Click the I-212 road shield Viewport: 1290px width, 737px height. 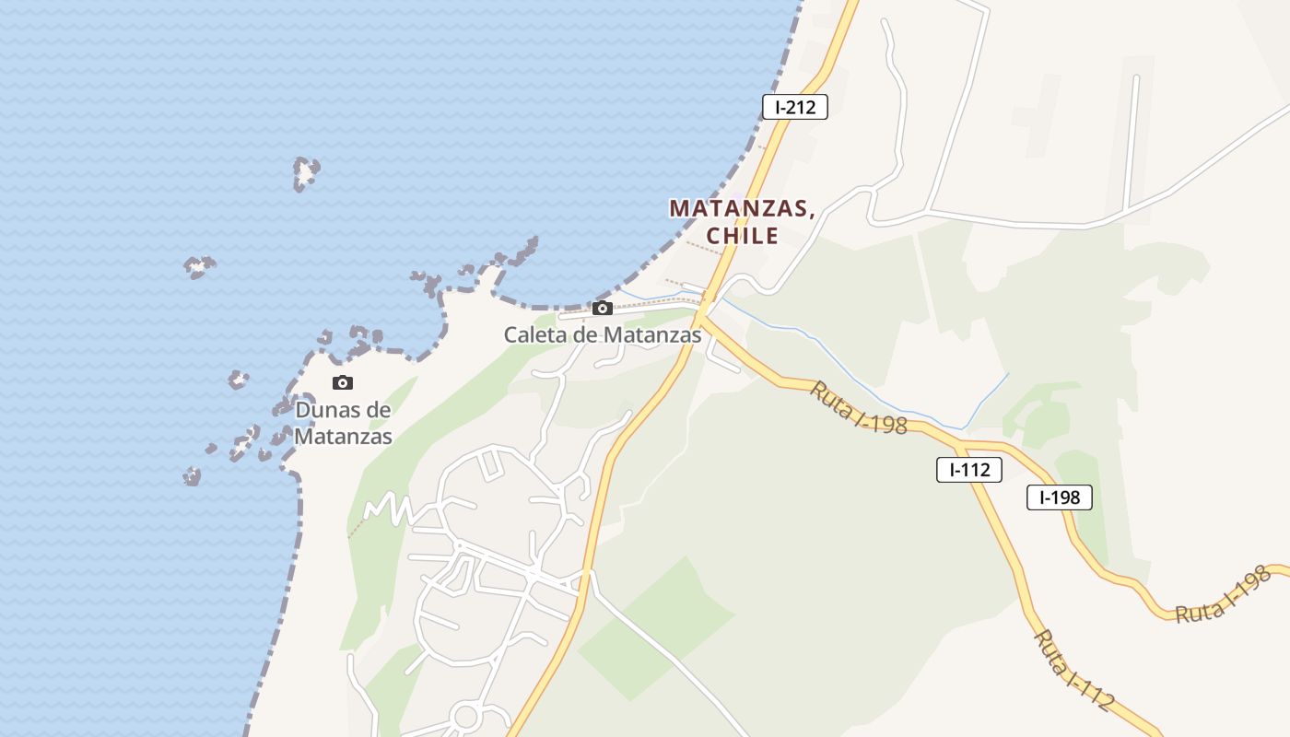coord(795,107)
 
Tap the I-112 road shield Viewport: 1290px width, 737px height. coord(969,470)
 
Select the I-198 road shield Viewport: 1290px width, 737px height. coord(1060,497)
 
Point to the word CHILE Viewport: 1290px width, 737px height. coord(743,236)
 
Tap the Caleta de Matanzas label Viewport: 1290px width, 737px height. coord(603,335)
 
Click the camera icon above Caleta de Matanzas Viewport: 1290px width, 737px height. coord(603,309)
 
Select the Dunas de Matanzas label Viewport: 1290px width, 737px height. coord(343,423)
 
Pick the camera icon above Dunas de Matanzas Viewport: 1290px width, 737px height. coord(343,383)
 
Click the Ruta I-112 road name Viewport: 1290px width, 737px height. coord(1073,670)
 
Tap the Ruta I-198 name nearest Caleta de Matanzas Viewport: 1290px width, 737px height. coord(859,407)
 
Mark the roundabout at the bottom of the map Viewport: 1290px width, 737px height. coord(467,716)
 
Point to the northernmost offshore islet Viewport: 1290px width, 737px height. coord(306,172)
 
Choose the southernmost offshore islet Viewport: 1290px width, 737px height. coord(192,476)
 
